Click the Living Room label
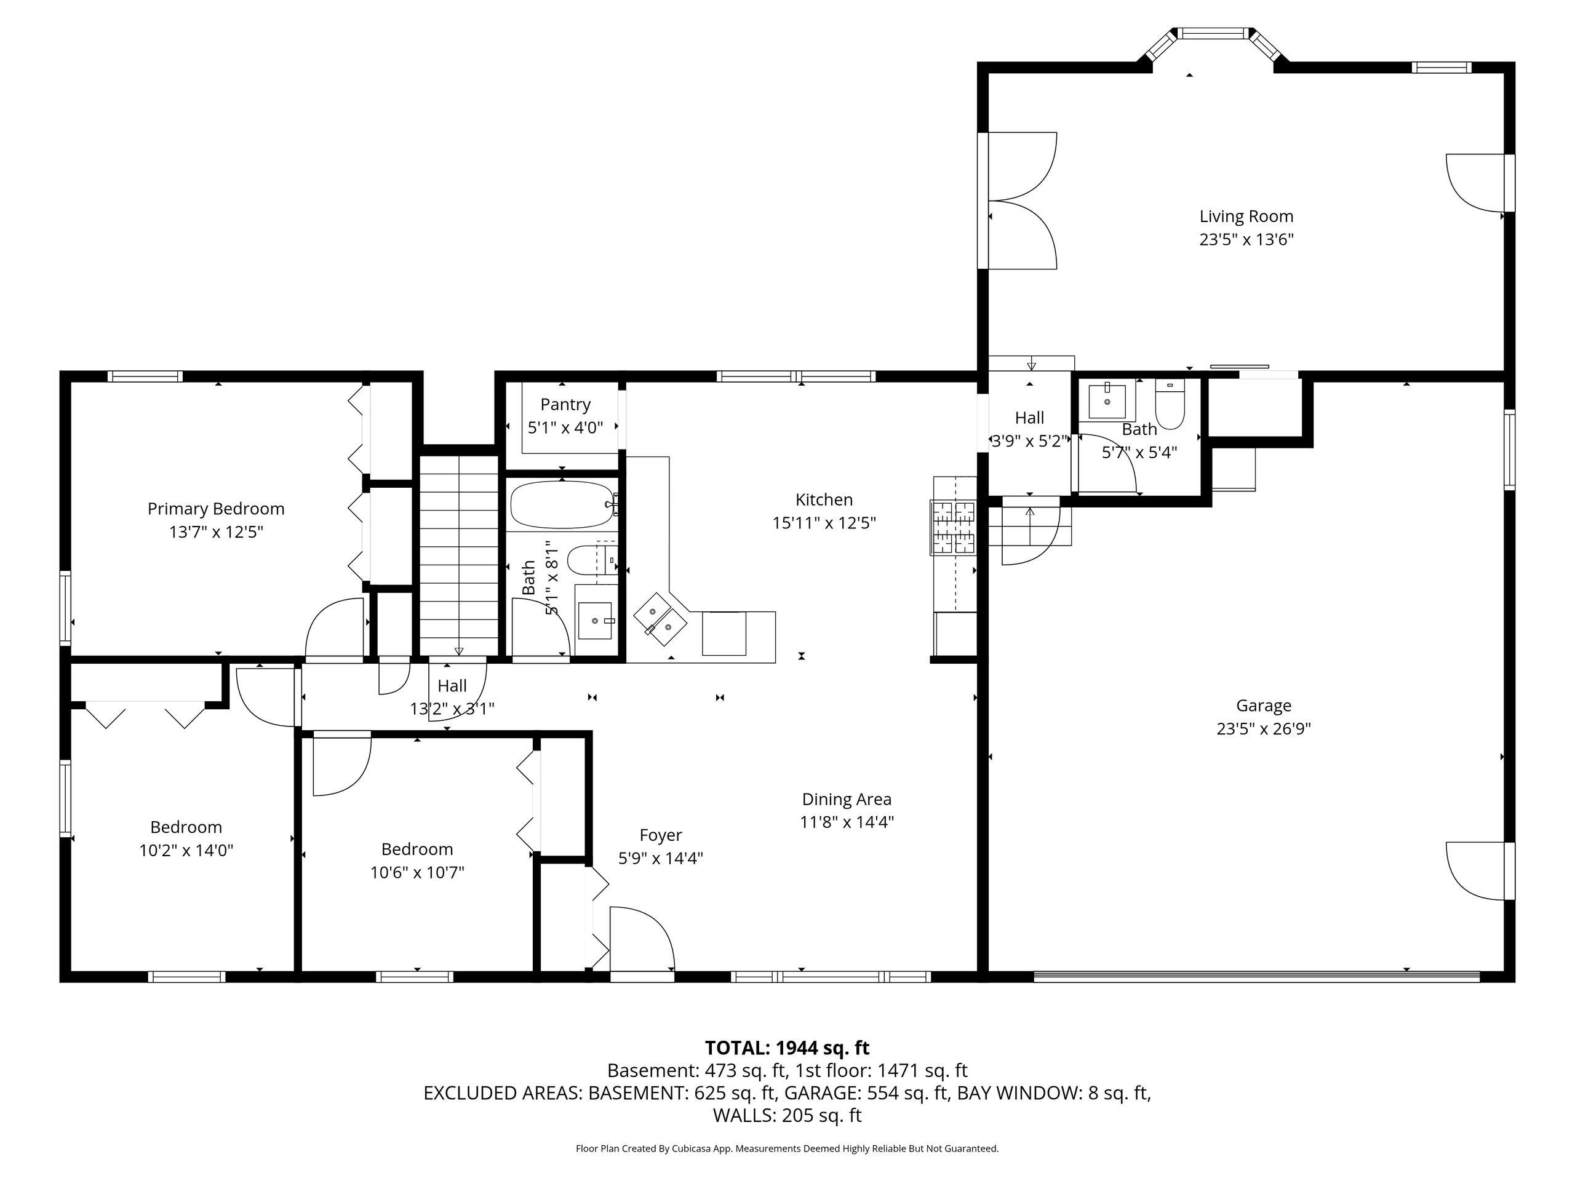pos(1246,216)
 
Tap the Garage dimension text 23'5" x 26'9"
pos(1264,728)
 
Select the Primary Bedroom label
pos(216,508)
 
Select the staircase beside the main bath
pos(458,555)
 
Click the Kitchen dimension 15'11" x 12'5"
pos(824,522)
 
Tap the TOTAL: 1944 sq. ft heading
pos(787,1048)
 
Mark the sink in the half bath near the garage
pos(1107,401)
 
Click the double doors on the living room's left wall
pos(1019,200)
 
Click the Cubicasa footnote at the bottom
pos(787,1148)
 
